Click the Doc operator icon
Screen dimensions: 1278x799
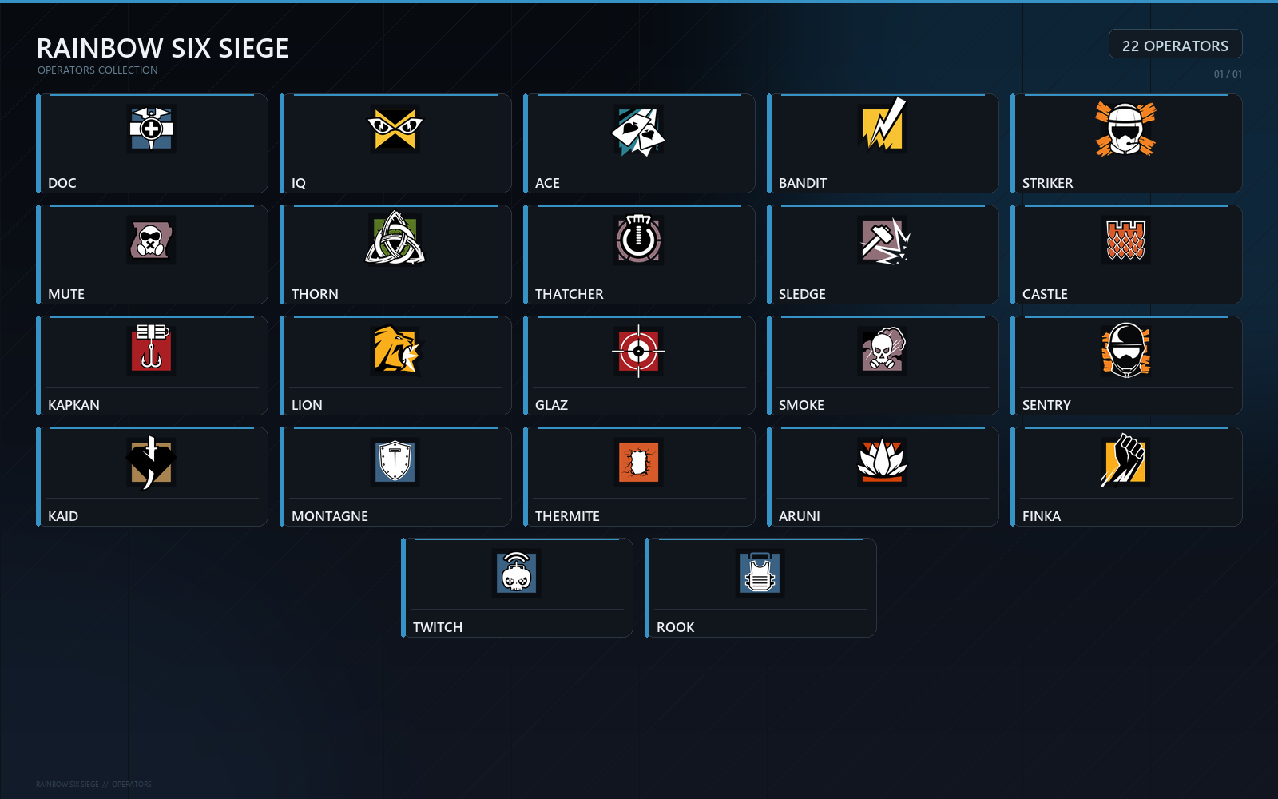(x=151, y=129)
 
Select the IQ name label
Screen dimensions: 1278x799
(x=299, y=183)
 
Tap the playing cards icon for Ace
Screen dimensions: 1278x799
(x=638, y=131)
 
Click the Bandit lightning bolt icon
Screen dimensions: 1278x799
(x=883, y=126)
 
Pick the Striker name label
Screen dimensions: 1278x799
(x=1047, y=183)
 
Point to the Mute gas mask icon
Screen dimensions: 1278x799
(x=151, y=240)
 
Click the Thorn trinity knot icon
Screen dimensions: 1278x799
(x=395, y=238)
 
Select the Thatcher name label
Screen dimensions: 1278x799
(x=569, y=294)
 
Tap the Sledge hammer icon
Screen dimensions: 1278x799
(x=883, y=240)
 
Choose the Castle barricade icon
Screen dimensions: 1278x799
(x=1125, y=240)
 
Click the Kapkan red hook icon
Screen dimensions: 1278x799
(x=151, y=348)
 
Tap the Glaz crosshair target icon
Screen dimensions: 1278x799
(x=638, y=351)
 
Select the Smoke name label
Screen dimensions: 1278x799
(x=801, y=405)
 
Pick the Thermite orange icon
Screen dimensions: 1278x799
(x=638, y=463)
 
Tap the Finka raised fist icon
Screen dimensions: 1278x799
(x=1124, y=460)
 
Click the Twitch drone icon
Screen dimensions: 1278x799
(x=516, y=572)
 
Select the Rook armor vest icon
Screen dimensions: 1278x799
(x=760, y=573)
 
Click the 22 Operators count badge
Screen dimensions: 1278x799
(x=1175, y=44)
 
